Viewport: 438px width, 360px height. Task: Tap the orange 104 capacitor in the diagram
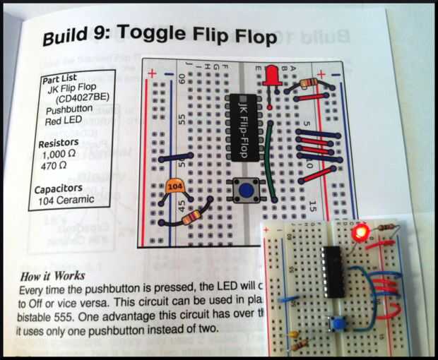click(x=174, y=188)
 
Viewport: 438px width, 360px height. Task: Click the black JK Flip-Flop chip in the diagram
click(x=244, y=127)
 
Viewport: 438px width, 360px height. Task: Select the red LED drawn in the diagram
click(x=270, y=77)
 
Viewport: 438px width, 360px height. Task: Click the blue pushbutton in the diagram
click(x=244, y=190)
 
